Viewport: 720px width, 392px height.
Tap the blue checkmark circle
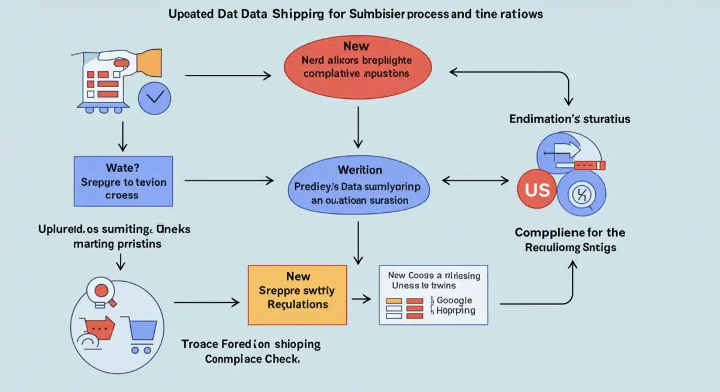click(x=154, y=98)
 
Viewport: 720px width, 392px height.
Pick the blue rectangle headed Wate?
click(x=123, y=178)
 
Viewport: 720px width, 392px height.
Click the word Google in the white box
click(x=454, y=300)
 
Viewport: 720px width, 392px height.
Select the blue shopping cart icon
click(x=142, y=332)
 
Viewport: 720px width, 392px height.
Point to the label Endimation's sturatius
click(x=569, y=119)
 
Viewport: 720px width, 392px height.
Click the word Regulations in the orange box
click(x=298, y=304)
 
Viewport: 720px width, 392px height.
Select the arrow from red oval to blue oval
click(x=358, y=127)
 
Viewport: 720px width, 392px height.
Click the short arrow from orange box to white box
click(x=362, y=297)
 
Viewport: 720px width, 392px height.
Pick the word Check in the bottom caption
click(x=283, y=359)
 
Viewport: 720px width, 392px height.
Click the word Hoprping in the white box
click(x=455, y=311)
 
